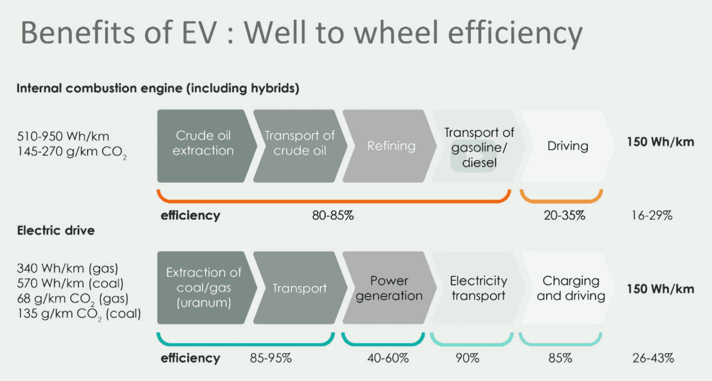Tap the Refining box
pyautogui.click(x=389, y=146)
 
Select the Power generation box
pyautogui.click(x=389, y=288)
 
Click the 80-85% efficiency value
pyautogui.click(x=333, y=215)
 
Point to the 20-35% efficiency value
pyautogui.click(x=564, y=215)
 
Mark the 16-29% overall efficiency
pyautogui.click(x=652, y=215)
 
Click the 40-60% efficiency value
pyautogui.click(x=388, y=358)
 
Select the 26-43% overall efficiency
pyautogui.click(x=653, y=358)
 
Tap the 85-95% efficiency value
pyautogui.click(x=270, y=358)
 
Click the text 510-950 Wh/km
pyautogui.click(x=63, y=136)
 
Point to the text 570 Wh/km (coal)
pyautogui.click(x=70, y=283)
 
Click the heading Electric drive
pyautogui.click(x=56, y=230)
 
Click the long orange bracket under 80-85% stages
pyautogui.click(x=334, y=201)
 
